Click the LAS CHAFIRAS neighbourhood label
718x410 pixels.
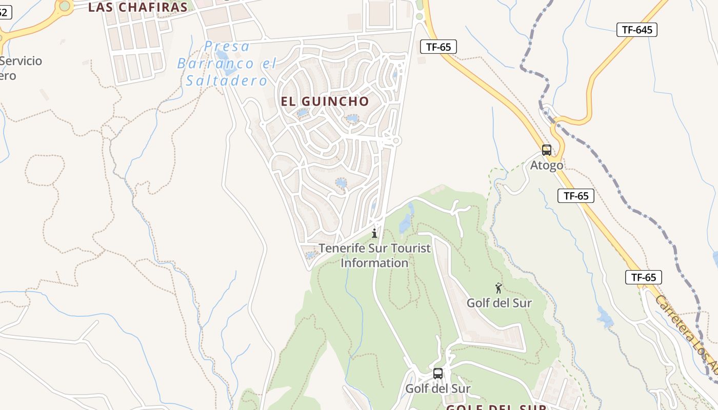(138, 7)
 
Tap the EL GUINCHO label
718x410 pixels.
(325, 101)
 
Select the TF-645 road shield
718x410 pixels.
(637, 30)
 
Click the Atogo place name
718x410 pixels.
(546, 166)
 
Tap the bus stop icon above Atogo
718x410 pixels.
(547, 150)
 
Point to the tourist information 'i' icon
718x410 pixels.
(374, 233)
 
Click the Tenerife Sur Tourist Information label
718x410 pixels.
(375, 255)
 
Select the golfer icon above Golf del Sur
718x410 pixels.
(498, 288)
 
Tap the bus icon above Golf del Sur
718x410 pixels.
(437, 373)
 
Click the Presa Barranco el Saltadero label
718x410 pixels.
(227, 64)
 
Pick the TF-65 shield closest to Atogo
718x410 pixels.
(576, 196)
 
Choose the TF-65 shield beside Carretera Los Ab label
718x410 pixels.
(644, 277)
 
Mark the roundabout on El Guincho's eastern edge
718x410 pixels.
(395, 140)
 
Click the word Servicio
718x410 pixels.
(22, 61)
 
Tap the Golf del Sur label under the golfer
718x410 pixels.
(499, 303)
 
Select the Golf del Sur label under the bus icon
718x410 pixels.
(437, 388)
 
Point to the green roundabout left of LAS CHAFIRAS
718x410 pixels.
(65, 6)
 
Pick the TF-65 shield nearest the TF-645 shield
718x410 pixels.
(438, 47)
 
